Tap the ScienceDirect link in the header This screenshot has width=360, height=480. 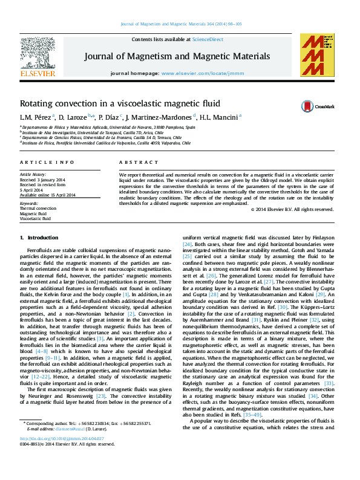coord(208,39)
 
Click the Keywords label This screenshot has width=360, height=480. coord(29,204)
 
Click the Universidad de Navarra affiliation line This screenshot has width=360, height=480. coord(109,128)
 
